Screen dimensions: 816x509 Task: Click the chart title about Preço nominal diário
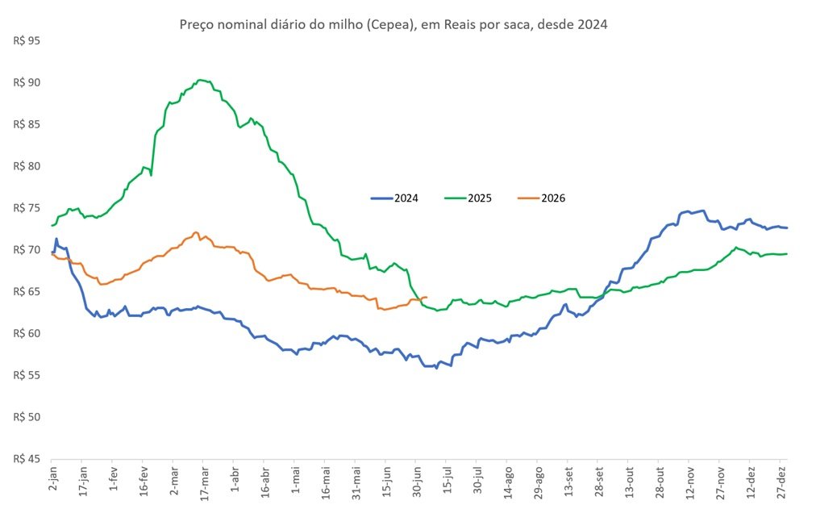pyautogui.click(x=393, y=24)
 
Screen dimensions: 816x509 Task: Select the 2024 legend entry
pyautogui.click(x=394, y=198)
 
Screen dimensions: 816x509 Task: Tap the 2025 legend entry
pyautogui.click(x=468, y=198)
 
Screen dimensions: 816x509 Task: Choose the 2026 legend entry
pyautogui.click(x=541, y=198)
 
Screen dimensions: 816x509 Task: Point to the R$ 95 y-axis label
pyautogui.click(x=27, y=40)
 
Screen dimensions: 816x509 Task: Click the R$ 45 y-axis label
pyautogui.click(x=27, y=459)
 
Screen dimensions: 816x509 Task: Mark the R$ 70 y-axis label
pyautogui.click(x=27, y=250)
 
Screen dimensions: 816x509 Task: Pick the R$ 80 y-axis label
pyautogui.click(x=27, y=166)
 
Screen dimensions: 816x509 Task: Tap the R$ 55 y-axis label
pyautogui.click(x=27, y=375)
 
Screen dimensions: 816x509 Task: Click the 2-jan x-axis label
pyautogui.click(x=53, y=478)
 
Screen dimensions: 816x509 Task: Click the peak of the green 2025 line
pyautogui.click(x=200, y=80)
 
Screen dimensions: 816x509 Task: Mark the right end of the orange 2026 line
pyautogui.click(x=427, y=297)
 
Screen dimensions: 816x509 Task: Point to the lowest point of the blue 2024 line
pyautogui.click(x=436, y=368)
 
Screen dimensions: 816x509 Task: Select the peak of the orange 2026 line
pyautogui.click(x=196, y=232)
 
